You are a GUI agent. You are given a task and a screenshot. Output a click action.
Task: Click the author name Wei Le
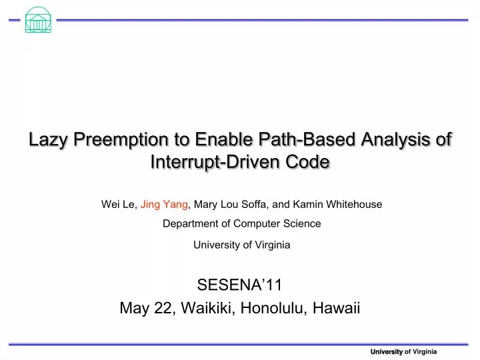(117, 205)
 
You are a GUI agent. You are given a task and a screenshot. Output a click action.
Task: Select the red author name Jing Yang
(165, 205)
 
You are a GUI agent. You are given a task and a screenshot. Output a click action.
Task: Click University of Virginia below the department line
(241, 245)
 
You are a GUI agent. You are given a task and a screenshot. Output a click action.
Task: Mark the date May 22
(141, 309)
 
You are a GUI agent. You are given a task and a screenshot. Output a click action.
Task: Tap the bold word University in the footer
(387, 351)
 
